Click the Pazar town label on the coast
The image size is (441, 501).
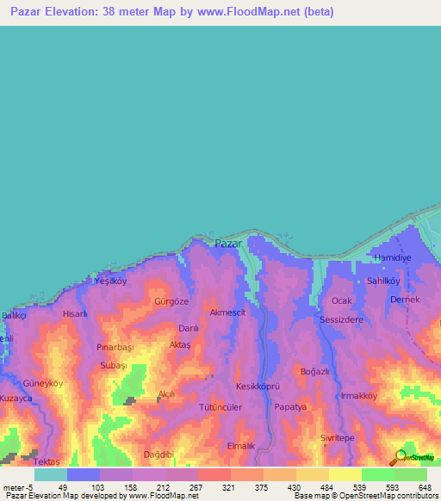pos(227,244)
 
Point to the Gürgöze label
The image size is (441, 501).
pos(171,302)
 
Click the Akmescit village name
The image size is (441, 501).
pos(228,312)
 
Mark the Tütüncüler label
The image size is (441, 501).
pos(221,406)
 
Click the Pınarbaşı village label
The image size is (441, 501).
pos(115,347)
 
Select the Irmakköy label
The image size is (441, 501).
pos(359,395)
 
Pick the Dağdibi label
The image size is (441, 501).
pos(159,454)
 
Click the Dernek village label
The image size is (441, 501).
pos(404,300)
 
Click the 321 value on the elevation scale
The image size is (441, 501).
pos(228,487)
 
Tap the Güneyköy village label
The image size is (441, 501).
pos(44,383)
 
